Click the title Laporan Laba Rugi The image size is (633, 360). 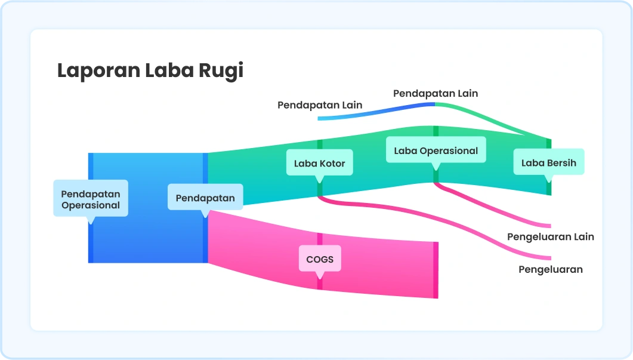click(x=150, y=70)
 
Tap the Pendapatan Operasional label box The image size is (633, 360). click(x=91, y=199)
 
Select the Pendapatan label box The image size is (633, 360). click(x=205, y=198)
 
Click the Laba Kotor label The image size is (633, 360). click(x=319, y=163)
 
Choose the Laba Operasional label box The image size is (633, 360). click(x=436, y=150)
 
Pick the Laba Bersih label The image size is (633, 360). click(x=548, y=162)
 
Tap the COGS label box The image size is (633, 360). click(x=320, y=259)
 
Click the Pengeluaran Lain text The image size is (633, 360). click(x=550, y=236)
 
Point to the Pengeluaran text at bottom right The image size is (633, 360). click(x=550, y=269)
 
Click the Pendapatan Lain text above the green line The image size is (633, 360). click(x=436, y=93)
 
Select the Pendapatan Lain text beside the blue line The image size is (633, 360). click(x=320, y=105)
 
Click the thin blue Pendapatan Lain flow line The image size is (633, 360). click(x=382, y=111)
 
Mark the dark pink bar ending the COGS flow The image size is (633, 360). click(x=436, y=270)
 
